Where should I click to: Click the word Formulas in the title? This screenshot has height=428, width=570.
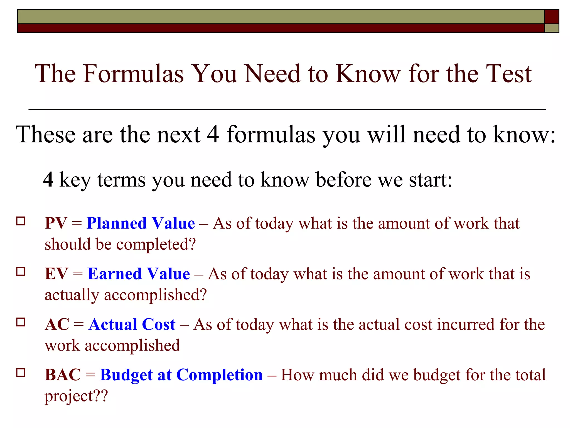[x=133, y=74]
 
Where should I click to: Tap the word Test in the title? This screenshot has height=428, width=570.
[x=508, y=74]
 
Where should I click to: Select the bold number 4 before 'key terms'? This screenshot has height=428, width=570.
[x=48, y=180]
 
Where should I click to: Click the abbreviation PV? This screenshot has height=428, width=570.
[x=56, y=223]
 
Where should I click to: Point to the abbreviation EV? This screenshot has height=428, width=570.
[x=56, y=274]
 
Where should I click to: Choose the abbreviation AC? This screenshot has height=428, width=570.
[x=57, y=325]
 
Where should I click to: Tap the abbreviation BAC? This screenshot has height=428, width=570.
[x=63, y=375]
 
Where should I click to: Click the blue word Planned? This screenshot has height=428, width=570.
[x=117, y=223]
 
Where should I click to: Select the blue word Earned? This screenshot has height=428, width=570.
[x=115, y=274]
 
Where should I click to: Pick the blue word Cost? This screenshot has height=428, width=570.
[x=159, y=325]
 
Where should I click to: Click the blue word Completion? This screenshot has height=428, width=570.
[x=220, y=375]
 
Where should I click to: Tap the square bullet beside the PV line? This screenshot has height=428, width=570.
[x=21, y=221]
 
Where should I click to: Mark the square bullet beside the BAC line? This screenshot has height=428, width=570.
[x=21, y=373]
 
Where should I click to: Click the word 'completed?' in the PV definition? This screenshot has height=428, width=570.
[x=156, y=245]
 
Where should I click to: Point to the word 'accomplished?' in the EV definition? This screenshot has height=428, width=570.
[x=155, y=295]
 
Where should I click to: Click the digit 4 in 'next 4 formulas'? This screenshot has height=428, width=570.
[x=213, y=135]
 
